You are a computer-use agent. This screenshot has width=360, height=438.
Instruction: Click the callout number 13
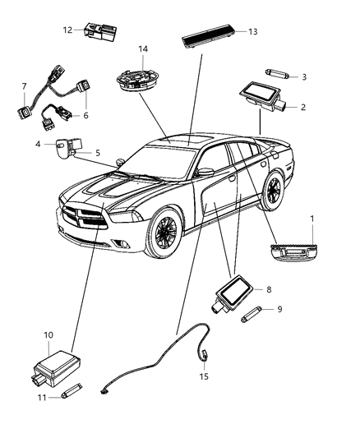[x=252, y=31]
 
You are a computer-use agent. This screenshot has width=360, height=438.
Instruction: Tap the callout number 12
[x=67, y=30]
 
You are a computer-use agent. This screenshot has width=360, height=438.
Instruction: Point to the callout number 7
[x=24, y=85]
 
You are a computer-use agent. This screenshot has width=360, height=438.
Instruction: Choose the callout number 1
[x=312, y=217]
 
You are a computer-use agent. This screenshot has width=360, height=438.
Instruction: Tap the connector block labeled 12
[x=99, y=34]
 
